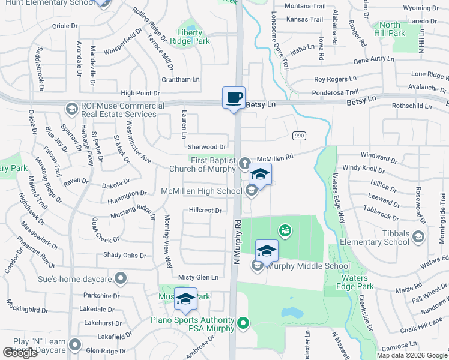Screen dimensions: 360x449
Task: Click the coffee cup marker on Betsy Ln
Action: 234,97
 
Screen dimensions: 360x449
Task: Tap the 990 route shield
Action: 300,136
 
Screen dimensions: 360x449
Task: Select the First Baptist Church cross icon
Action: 244,163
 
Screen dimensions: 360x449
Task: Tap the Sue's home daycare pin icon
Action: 121,278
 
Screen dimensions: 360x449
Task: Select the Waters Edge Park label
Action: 358,282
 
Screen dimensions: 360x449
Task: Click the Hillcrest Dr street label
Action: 205,211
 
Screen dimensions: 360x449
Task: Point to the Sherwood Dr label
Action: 206,146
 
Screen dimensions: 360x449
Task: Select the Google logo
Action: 20,352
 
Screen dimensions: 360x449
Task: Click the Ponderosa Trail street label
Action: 335,93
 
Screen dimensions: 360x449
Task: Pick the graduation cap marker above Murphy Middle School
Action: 267,251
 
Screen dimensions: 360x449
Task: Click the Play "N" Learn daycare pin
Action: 75,344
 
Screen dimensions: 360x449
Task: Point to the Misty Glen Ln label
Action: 198,277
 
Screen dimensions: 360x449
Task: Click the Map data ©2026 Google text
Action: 412,355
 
